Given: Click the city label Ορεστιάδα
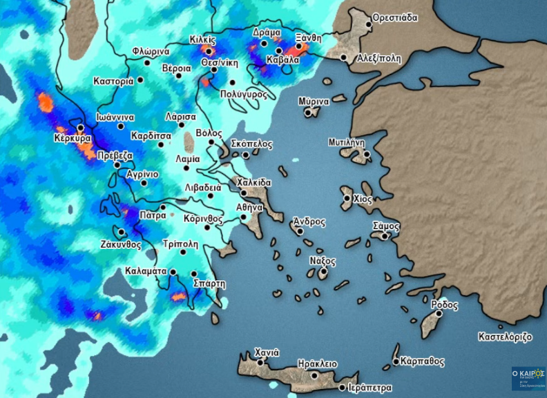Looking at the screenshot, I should pos(395,17).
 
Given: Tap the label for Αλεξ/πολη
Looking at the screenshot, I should pos(378,59).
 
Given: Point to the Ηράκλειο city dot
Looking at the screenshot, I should pos(314,375).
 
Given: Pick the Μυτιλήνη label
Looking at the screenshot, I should pos(346,143).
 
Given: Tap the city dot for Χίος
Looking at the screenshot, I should pos(347,199).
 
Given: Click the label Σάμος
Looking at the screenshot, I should pos(386,226).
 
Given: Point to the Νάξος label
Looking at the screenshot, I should pos(323,261).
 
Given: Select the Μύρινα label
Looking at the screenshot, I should pos(314,101).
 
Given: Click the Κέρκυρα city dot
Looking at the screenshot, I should pos(81,128).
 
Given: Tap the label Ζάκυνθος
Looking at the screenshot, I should pos(120,244).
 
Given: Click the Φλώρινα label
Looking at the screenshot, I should pos(151,52).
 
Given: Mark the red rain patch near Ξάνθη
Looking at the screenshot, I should pos(298,50).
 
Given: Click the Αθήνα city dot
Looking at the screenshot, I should pos(243,217).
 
